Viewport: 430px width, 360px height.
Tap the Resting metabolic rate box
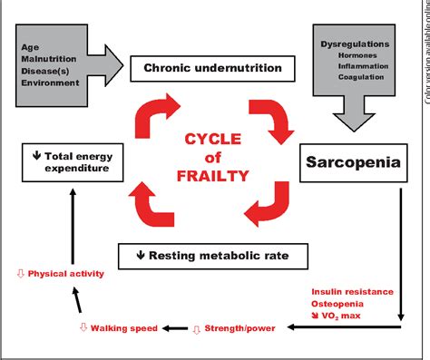click(x=205, y=255)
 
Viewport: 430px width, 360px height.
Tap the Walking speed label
click(x=123, y=328)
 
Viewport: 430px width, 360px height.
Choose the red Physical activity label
click(x=61, y=273)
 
